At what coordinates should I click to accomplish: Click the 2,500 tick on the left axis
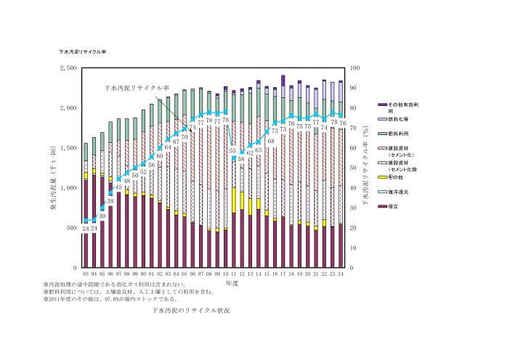(68, 67)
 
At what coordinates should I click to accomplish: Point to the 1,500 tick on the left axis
(68, 148)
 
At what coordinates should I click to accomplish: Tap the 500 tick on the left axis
(71, 228)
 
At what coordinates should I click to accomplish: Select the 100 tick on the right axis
(355, 67)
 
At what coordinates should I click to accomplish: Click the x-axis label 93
(86, 274)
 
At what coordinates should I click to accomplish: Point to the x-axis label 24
(340, 274)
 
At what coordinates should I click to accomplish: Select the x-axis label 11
(233, 274)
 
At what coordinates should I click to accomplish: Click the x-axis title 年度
(232, 283)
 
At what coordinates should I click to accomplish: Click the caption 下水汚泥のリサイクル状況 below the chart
(192, 310)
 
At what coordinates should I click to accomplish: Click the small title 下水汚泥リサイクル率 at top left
(83, 52)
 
